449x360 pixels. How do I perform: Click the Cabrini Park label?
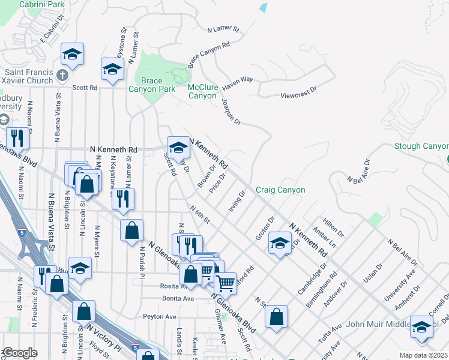click(x=41, y=4)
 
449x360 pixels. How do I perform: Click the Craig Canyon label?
click(x=280, y=190)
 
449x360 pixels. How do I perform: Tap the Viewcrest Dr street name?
click(x=298, y=95)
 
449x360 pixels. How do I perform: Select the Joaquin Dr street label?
click(x=232, y=112)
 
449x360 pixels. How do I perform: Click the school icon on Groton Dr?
click(x=280, y=243)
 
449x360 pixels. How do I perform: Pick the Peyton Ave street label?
click(x=160, y=316)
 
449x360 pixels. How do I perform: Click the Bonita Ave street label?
click(x=178, y=298)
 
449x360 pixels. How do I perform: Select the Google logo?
click(x=19, y=353)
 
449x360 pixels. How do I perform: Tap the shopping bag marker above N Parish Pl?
click(x=131, y=230)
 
